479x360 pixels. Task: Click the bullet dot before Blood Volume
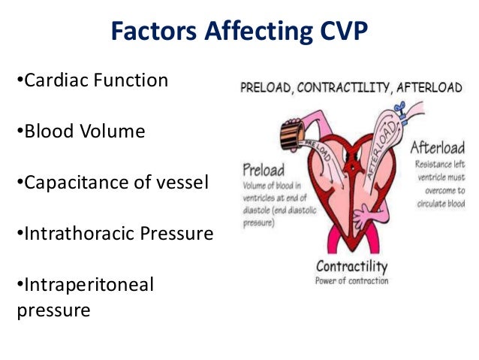pyautogui.click(x=20, y=132)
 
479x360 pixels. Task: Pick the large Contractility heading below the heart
pyautogui.click(x=351, y=267)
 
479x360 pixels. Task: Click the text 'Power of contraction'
pyautogui.click(x=352, y=281)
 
